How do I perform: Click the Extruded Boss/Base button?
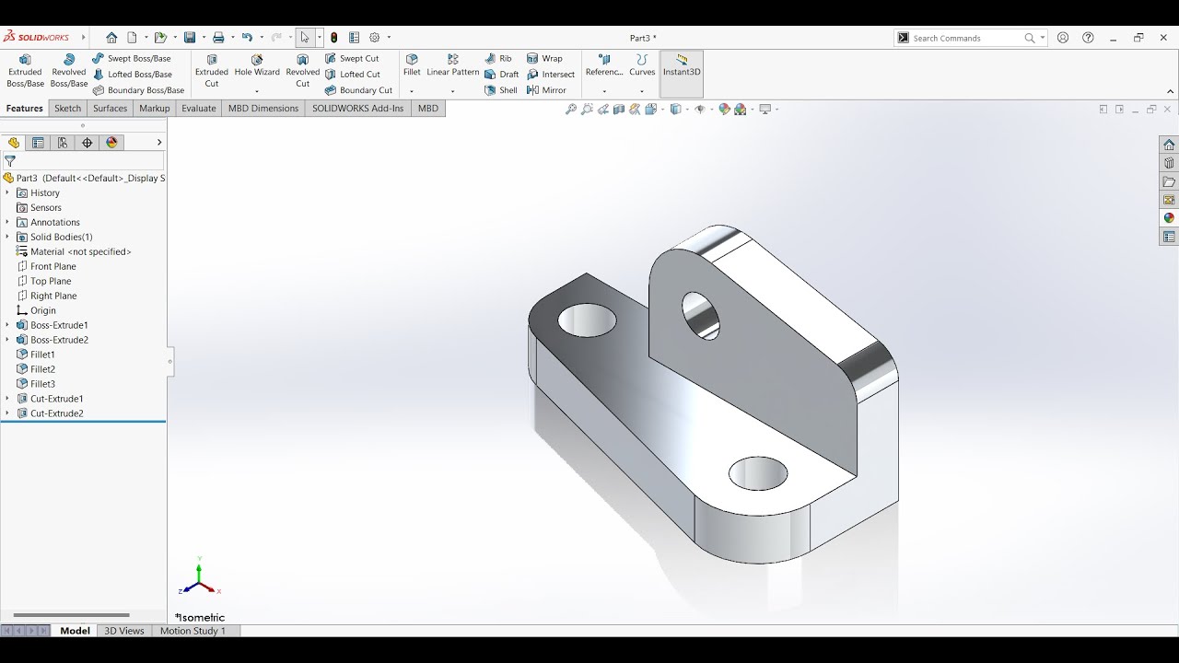pos(25,70)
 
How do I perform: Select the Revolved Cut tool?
pos(302,70)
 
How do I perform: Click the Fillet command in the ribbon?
pos(412,64)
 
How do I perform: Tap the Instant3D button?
pos(682,65)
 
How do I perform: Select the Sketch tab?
pos(67,109)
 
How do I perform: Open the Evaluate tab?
pos(198,109)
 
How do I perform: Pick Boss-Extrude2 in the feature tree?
pos(59,340)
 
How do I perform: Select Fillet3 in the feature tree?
pos(42,384)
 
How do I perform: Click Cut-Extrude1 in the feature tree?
pos(56,399)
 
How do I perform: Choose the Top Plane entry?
pos(51,281)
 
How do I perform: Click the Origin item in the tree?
pos(42,310)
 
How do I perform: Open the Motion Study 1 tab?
pos(193,631)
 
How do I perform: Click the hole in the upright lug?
pos(700,314)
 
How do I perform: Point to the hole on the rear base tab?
pos(587,320)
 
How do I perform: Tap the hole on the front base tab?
pos(757,474)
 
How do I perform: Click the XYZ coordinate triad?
pos(199,579)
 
